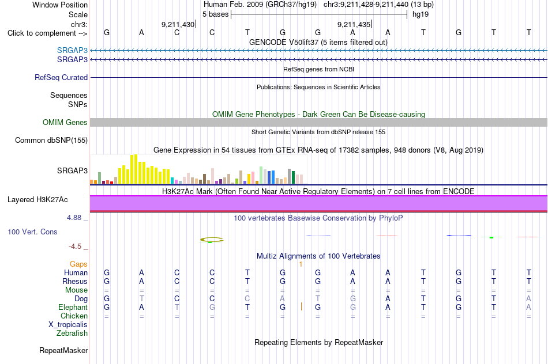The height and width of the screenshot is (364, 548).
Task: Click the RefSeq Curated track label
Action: [x=61, y=78]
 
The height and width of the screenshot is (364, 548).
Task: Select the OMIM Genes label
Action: [x=65, y=122]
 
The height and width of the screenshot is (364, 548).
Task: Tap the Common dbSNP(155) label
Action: [x=51, y=141]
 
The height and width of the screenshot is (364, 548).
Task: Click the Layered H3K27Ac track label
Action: [x=37, y=200]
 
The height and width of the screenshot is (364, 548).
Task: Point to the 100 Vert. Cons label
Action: [x=32, y=232]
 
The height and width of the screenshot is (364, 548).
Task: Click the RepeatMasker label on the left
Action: [x=63, y=350]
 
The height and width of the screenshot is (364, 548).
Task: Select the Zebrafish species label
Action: [x=72, y=333]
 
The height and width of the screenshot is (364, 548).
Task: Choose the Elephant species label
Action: [x=73, y=308]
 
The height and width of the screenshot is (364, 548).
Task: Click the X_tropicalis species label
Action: [x=68, y=325]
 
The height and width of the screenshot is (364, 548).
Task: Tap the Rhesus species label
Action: [x=75, y=281]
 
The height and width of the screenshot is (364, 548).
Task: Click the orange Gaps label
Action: [x=78, y=264]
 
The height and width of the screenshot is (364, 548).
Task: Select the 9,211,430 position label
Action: [x=178, y=24]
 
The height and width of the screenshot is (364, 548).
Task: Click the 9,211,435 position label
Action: [x=354, y=24]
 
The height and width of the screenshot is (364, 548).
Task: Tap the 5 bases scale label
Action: [x=215, y=14]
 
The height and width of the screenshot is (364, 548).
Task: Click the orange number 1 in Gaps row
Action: [x=301, y=264]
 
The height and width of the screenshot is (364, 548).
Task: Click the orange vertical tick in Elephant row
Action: [x=301, y=306]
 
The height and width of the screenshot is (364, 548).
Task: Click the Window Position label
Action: [x=60, y=5]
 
